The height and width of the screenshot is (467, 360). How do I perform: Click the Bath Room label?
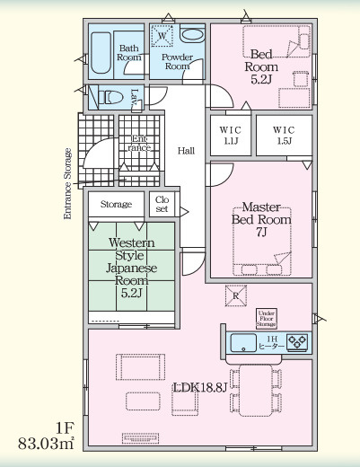[x=129, y=52]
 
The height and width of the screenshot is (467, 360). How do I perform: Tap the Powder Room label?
[x=176, y=60]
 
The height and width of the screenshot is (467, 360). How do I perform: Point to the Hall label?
[x=187, y=150]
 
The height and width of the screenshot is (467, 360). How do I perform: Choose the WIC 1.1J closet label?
[x=231, y=135]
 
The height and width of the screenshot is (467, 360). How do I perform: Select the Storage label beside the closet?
[x=116, y=204]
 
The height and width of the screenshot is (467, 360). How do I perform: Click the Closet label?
[x=162, y=203]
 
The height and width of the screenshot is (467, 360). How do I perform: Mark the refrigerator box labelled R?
[x=234, y=295]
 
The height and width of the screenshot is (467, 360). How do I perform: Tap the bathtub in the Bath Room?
[x=101, y=54]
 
